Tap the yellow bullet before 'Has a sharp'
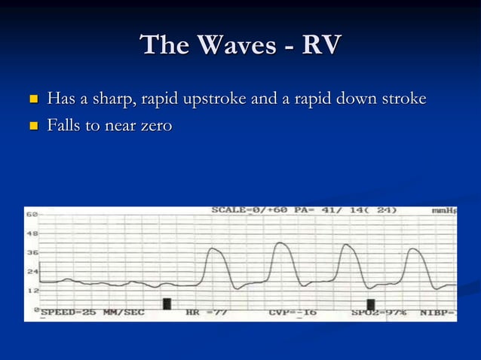pyautogui.click(x=32, y=99)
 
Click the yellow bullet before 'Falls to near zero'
pyautogui.click(x=32, y=126)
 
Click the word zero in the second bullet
pyautogui.click(x=154, y=125)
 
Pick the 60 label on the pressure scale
pyautogui.click(x=32, y=215)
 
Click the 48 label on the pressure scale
pyautogui.click(x=32, y=233)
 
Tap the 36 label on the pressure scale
pyautogui.click(x=32, y=252)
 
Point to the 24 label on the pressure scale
pyautogui.click(x=32, y=271)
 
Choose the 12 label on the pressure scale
pyautogui.click(x=32, y=290)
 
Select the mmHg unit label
pyautogui.click(x=444, y=211)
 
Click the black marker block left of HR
pyautogui.click(x=167, y=304)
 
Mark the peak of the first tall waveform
pyautogui.click(x=215, y=249)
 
